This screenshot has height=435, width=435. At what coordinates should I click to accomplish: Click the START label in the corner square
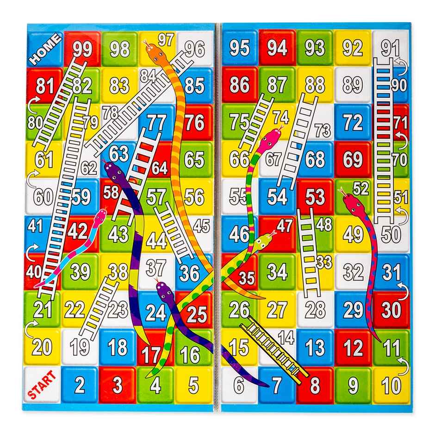pos(42,385)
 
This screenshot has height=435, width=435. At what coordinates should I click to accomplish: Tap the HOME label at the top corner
pos(45,50)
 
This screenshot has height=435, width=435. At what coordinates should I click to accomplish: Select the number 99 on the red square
pos(82,49)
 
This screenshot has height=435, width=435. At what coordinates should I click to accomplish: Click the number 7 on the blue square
pos(276,384)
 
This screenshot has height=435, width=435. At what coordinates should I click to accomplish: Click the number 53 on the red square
pos(315,197)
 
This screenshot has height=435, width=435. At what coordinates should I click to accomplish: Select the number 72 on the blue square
pos(353,122)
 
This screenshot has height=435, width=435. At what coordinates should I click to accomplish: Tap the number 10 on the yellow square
pos(391,384)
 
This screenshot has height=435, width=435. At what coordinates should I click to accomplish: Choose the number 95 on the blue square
pos(239,48)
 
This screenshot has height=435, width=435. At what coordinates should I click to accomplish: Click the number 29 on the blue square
pos(353,309)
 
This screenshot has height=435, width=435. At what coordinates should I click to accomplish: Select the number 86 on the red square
pos(239,85)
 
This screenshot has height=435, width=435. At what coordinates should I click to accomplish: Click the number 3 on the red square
pos(118,385)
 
